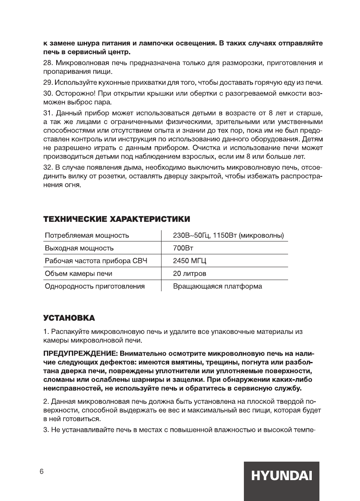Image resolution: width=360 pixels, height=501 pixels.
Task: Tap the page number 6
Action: [41, 472]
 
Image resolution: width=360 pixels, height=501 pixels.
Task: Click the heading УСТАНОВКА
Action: [69, 318]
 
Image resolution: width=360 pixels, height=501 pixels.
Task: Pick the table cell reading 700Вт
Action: [181, 248]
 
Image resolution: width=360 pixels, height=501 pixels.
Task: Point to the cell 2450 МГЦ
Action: [189, 261]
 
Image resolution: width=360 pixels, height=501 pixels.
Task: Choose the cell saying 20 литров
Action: [190, 274]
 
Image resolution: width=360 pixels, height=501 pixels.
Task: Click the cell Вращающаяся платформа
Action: [217, 286]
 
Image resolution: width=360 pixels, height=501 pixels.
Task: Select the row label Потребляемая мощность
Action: [87, 235]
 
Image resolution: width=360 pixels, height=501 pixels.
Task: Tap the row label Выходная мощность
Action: [79, 248]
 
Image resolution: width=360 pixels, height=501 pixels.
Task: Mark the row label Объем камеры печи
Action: [78, 274]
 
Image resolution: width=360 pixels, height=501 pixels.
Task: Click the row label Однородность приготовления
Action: [95, 286]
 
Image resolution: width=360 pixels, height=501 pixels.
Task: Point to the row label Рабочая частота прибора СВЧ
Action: [96, 261]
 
